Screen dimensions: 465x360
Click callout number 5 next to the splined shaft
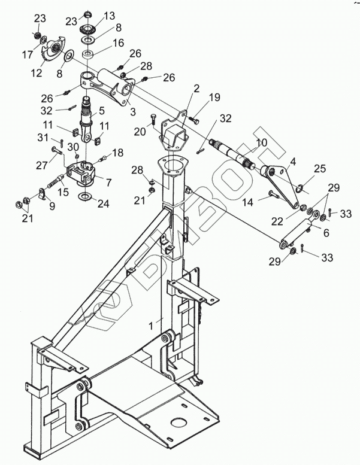click(102, 110)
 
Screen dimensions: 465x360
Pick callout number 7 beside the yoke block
click(108, 180)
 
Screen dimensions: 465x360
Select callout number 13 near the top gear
click(109, 16)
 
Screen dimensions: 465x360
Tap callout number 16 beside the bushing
click(118, 43)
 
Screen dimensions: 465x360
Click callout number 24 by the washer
click(103, 203)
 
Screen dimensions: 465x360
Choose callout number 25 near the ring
click(319, 169)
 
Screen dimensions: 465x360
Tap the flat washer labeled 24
click(84, 197)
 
